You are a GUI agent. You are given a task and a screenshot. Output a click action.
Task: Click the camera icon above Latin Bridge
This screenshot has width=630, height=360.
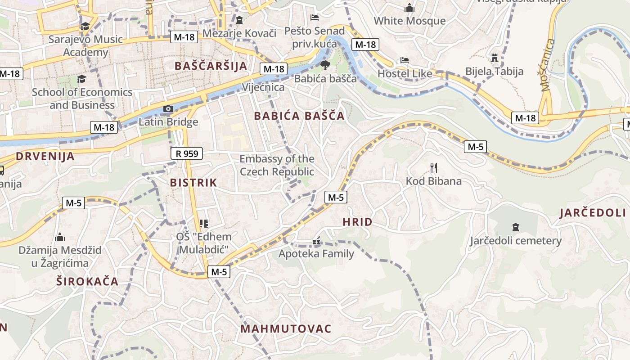168,109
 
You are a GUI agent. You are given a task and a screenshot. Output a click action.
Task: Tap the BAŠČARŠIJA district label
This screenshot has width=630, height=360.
211,66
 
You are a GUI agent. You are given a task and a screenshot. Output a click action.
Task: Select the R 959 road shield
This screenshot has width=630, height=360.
187,154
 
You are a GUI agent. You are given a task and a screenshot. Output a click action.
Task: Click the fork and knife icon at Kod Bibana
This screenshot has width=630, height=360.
434,168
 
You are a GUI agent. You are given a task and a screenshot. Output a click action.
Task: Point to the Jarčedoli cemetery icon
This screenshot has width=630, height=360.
516,227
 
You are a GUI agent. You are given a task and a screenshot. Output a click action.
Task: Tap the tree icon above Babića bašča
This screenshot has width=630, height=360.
325,66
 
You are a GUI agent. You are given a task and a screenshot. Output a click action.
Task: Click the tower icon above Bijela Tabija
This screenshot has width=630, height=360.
495,58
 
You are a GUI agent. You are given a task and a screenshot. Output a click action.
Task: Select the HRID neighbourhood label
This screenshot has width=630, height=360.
357,222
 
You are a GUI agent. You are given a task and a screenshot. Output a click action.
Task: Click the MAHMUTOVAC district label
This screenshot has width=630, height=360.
286,328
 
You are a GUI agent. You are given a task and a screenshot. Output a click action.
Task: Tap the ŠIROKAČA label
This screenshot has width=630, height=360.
87,282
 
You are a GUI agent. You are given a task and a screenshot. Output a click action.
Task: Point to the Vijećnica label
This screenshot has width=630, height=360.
263,87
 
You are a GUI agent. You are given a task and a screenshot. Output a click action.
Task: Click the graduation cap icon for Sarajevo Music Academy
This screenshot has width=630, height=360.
85,26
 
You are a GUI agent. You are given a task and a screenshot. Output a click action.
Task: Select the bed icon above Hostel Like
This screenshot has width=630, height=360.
404,60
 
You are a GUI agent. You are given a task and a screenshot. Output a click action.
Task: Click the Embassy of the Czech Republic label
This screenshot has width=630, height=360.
277,165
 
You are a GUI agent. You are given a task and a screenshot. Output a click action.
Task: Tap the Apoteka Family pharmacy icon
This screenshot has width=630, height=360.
316,241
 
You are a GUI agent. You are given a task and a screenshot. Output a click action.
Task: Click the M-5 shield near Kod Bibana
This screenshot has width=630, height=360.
476,146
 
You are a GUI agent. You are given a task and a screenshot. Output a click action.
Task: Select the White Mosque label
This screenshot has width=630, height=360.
409,21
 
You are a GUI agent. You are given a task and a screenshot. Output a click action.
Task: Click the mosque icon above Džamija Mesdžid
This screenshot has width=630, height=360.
60,237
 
